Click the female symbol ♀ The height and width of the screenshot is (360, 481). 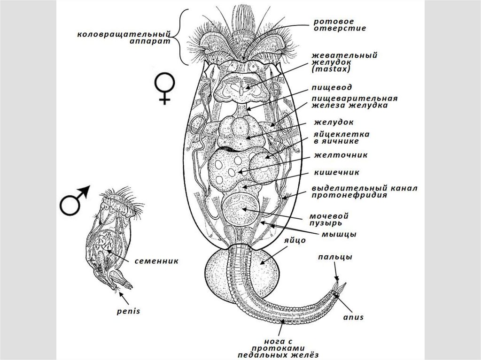click(x=165, y=89)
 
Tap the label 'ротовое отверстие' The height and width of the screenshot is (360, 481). click(x=340, y=24)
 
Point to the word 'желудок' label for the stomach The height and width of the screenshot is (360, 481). click(x=335, y=122)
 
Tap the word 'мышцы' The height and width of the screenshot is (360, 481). click(x=339, y=234)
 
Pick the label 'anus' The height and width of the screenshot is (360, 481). click(x=353, y=317)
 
